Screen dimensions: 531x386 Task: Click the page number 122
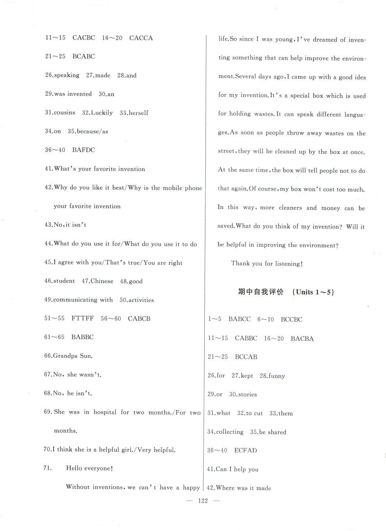coord(202,501)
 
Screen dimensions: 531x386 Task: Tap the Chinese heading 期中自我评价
coord(260,292)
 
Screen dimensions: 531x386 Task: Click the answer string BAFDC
coord(83,150)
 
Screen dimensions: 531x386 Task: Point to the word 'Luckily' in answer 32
coord(102,113)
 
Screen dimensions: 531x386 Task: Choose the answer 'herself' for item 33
coord(138,113)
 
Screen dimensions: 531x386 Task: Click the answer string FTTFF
coord(83,318)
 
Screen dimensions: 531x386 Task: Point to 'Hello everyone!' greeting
coord(89,468)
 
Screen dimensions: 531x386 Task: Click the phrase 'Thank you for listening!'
coord(267,263)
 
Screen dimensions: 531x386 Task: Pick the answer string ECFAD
coord(245,451)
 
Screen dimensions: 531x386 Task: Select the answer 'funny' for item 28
coord(276,376)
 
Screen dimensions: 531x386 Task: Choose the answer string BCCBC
coord(291,320)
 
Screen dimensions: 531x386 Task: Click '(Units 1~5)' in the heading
coord(313,292)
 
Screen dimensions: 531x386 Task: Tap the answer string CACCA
coord(141,38)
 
